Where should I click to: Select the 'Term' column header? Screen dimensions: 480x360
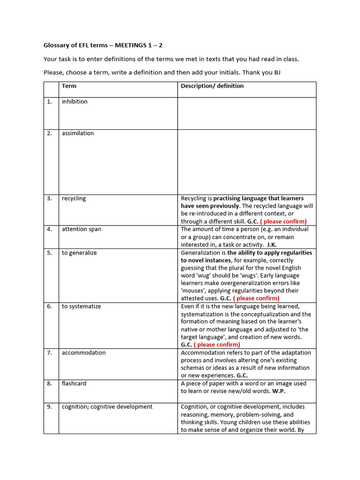click(x=69, y=86)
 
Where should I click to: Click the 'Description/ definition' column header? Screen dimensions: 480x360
click(x=212, y=86)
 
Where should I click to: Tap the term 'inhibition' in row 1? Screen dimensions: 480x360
click(x=75, y=102)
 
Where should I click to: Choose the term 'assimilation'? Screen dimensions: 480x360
click(x=78, y=134)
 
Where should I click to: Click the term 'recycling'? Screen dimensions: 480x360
click(x=74, y=199)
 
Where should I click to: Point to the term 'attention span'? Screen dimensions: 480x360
click(x=81, y=229)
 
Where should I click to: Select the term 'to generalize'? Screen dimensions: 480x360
click(x=79, y=253)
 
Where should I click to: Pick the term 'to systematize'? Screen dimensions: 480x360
click(x=81, y=307)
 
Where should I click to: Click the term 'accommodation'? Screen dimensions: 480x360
click(x=83, y=353)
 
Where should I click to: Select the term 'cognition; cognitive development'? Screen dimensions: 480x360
click(x=107, y=407)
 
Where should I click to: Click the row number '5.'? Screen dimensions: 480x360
click(x=49, y=253)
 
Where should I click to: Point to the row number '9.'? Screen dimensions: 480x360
click(x=49, y=407)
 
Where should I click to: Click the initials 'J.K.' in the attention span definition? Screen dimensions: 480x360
click(x=271, y=245)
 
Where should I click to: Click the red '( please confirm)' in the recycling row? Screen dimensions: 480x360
click(x=283, y=222)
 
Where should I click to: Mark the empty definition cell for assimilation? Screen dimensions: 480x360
click(x=247, y=162)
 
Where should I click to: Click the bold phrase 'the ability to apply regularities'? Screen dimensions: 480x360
click(x=270, y=253)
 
